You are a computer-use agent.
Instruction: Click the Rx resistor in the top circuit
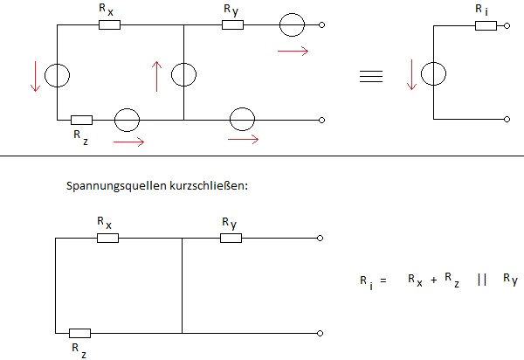tap(110, 24)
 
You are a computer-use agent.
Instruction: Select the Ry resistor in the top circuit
tap(232, 24)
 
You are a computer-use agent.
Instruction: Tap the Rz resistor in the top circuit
tap(81, 120)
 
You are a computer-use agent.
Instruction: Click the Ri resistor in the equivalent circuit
tap(486, 25)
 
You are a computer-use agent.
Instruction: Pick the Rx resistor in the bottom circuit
tap(107, 238)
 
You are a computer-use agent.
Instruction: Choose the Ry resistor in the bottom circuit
tap(231, 238)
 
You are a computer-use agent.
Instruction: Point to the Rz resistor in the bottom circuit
tap(79, 333)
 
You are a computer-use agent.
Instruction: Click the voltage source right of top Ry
tap(292, 24)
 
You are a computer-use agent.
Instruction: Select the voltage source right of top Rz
tap(127, 120)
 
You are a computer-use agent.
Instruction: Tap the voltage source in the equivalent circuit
tap(433, 74)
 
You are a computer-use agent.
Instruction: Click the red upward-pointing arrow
tap(156, 76)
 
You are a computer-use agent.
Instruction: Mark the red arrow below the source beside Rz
tap(129, 142)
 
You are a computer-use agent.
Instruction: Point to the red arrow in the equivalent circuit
tap(411, 74)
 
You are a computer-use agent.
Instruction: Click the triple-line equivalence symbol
tap(371, 76)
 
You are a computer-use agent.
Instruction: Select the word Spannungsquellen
tap(116, 186)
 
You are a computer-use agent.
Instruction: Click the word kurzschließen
tap(209, 185)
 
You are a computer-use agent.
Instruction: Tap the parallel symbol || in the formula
tap(482, 280)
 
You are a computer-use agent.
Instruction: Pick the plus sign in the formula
tap(434, 280)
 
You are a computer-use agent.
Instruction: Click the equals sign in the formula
tap(383, 280)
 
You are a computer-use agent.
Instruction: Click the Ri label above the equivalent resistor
tap(482, 10)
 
